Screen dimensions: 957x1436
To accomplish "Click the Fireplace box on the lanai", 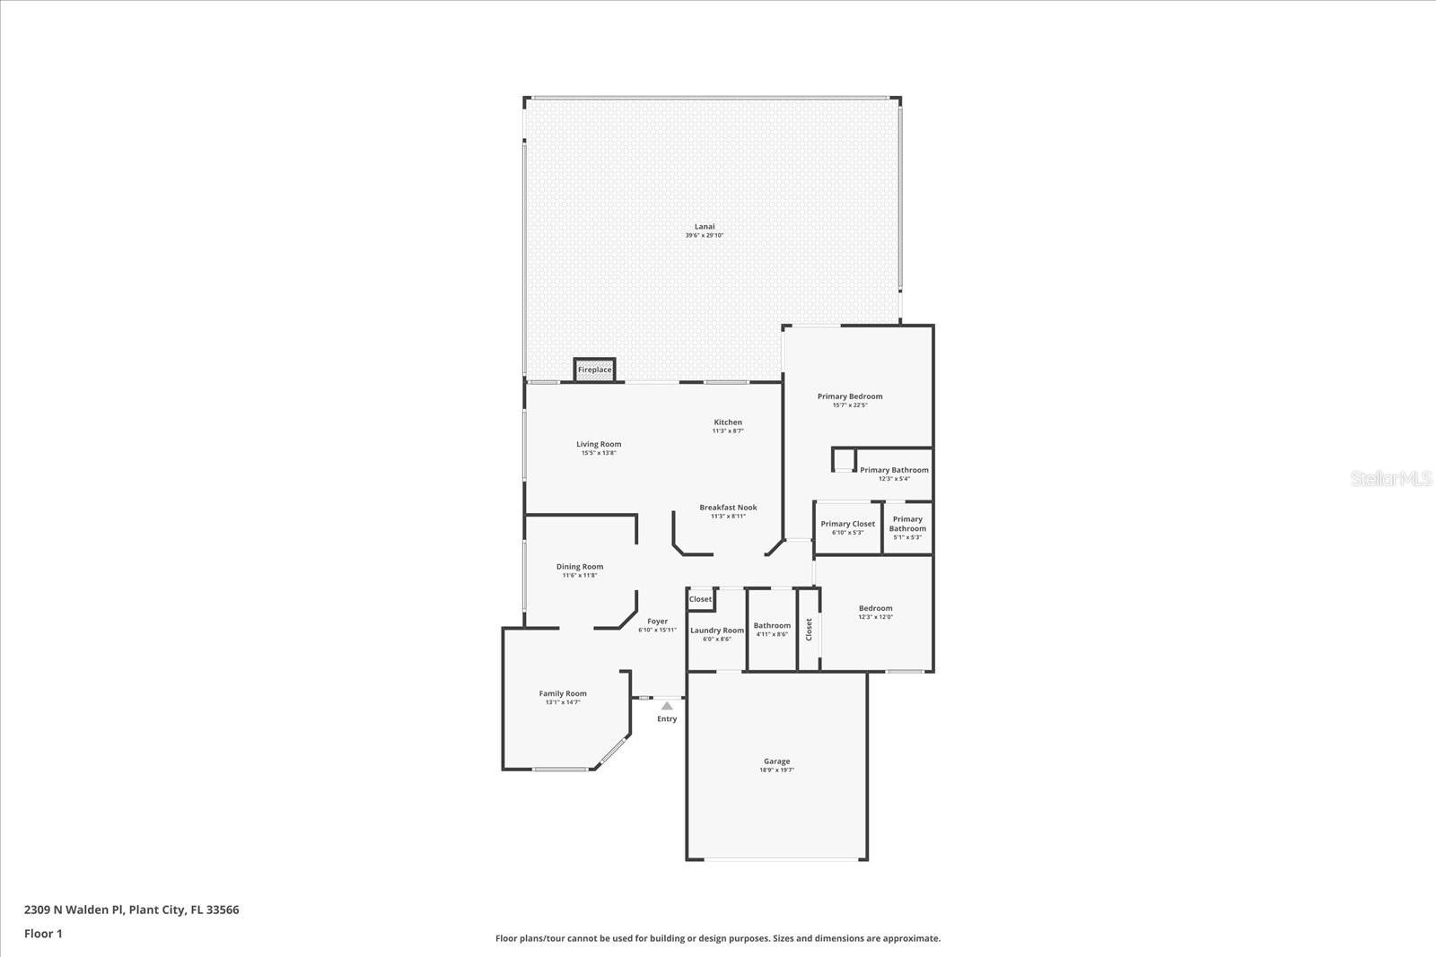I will [x=594, y=370].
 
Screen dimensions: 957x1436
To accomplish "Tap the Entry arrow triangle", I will [x=667, y=706].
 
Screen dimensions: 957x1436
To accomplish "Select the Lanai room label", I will [x=705, y=227].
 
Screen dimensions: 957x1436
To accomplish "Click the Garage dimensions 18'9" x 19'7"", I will [x=776, y=770].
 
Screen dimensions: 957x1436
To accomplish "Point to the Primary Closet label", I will [x=847, y=524].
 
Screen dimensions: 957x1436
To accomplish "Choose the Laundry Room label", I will [x=716, y=631].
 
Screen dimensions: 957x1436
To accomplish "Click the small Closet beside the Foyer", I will [x=700, y=599].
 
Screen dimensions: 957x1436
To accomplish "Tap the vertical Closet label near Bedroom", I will [x=809, y=629].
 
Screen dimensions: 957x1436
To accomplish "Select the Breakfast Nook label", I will [x=728, y=508].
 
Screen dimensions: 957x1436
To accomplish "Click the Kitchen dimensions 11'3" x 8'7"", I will [x=728, y=431].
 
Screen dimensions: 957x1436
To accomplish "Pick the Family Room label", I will [x=563, y=693].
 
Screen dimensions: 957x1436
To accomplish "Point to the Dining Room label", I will [x=580, y=567].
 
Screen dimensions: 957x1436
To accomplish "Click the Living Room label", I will [x=599, y=444].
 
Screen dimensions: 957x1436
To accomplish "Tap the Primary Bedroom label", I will [x=849, y=396].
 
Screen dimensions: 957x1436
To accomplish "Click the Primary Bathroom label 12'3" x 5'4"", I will [x=894, y=470].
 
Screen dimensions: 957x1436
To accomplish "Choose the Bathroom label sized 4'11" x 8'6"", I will [x=772, y=626].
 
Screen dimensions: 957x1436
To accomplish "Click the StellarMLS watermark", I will [x=1391, y=479].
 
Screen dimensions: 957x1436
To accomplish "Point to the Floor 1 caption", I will [x=43, y=934].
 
